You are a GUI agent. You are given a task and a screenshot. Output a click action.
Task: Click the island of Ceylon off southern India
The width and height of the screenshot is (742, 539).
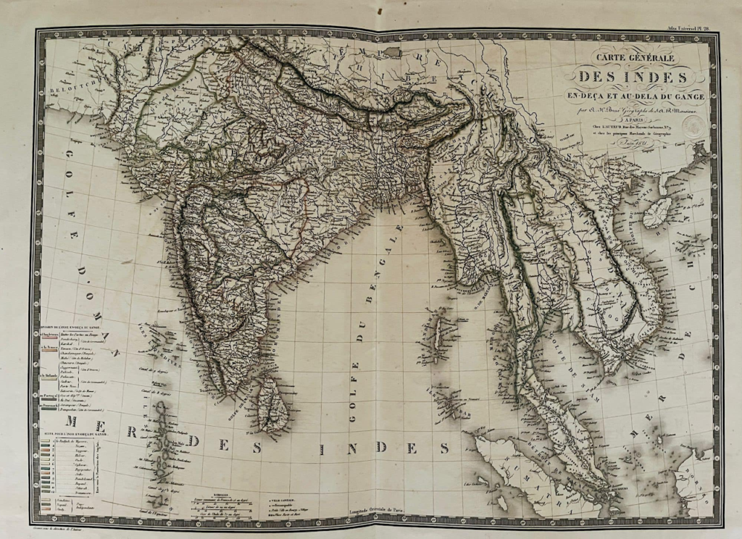pos(274,406)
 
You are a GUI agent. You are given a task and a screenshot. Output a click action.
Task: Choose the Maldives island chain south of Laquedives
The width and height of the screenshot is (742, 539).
pos(164,442)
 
